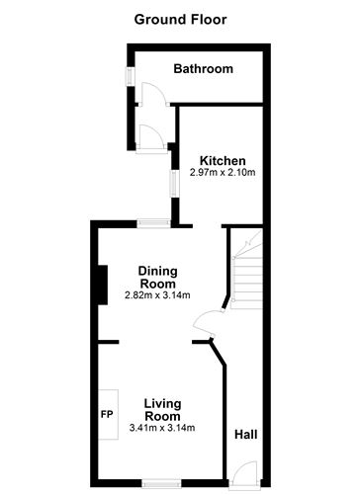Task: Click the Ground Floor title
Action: tap(180, 19)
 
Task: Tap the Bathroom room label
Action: tap(203, 69)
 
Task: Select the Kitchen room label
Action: tap(223, 161)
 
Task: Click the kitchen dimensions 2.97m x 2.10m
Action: tap(223, 174)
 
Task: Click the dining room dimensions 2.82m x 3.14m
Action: tap(157, 294)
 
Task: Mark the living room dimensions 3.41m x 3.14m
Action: tap(162, 428)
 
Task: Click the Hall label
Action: tap(246, 434)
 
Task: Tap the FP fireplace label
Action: tap(106, 414)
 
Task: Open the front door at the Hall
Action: tap(243, 473)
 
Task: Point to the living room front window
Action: tap(161, 483)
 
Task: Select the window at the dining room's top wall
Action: tap(152, 222)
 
